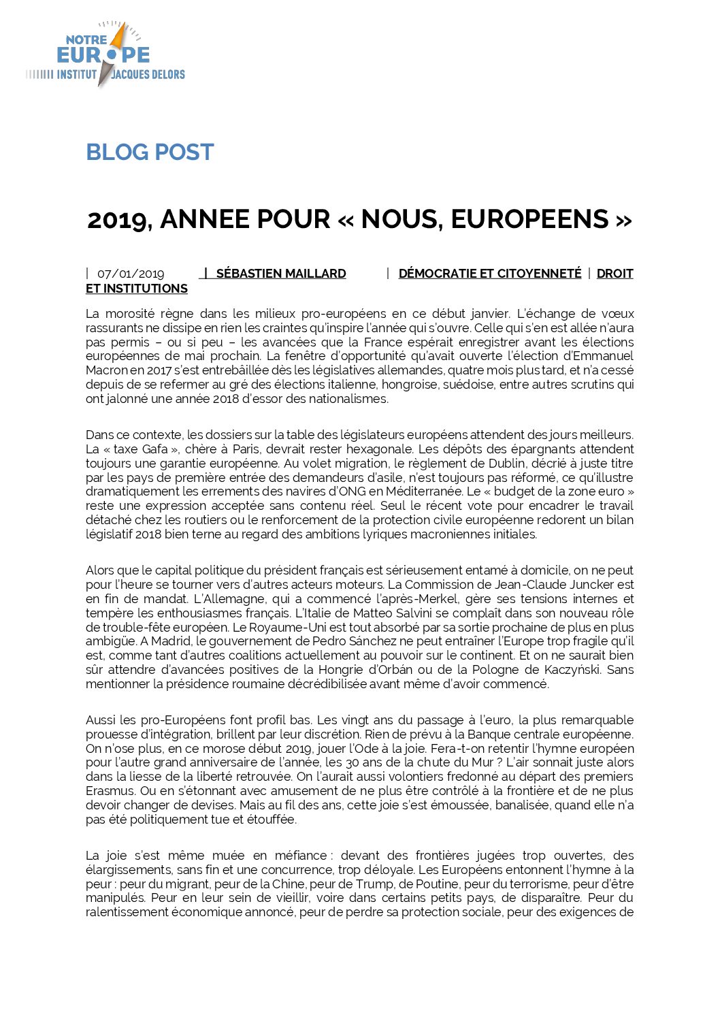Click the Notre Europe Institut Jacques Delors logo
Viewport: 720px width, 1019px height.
coord(105,54)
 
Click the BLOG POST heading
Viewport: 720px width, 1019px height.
coord(150,152)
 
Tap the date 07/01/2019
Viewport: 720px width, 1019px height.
coord(131,274)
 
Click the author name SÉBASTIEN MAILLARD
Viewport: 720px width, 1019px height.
coord(280,274)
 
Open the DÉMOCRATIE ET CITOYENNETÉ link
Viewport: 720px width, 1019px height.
coord(489,274)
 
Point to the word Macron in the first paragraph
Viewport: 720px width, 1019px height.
coord(106,370)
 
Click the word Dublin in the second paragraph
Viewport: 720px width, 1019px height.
coord(505,464)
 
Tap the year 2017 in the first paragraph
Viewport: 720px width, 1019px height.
coord(160,370)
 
